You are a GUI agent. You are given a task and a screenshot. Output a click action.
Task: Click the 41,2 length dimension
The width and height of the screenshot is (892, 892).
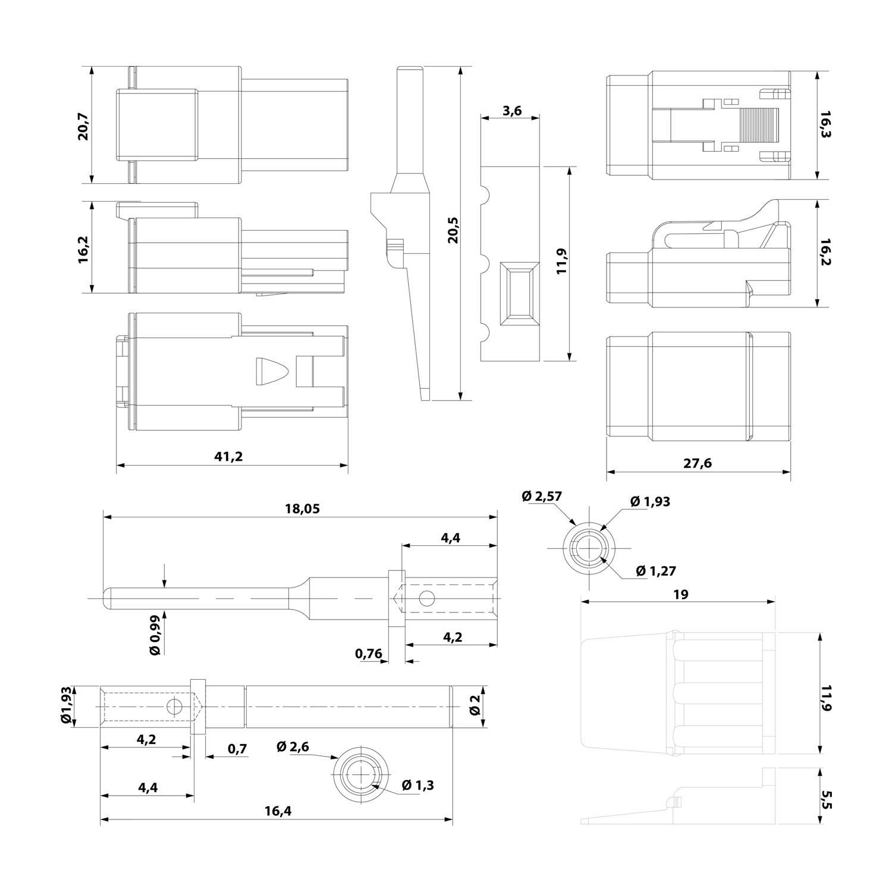click(x=229, y=457)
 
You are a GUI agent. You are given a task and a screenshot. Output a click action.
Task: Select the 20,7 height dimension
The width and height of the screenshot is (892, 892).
click(x=83, y=125)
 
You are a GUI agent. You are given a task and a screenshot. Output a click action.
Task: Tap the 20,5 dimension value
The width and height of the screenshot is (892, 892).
click(x=453, y=230)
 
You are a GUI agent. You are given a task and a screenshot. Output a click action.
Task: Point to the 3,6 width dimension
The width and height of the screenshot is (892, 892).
click(x=511, y=110)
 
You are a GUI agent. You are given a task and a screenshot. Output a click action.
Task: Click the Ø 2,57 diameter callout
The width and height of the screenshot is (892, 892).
click(x=542, y=496)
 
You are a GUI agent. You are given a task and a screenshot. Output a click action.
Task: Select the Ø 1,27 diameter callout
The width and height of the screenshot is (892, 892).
click(x=656, y=571)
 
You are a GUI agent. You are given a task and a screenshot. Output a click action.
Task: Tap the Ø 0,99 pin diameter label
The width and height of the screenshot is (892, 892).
click(x=155, y=635)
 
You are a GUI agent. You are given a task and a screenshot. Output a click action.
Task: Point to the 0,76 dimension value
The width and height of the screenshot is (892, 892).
click(x=369, y=654)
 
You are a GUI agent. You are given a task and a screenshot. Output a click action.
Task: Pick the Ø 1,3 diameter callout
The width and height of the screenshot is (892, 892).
click(x=417, y=785)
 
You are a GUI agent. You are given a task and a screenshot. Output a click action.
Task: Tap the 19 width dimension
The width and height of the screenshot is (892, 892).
click(x=681, y=594)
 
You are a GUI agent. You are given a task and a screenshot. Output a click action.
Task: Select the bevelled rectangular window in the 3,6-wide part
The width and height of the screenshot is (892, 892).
click(x=520, y=294)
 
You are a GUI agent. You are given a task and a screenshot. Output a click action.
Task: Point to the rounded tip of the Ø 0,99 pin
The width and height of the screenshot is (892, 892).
click(x=108, y=598)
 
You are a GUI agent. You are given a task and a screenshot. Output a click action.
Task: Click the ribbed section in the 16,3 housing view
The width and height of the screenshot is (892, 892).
click(x=759, y=125)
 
